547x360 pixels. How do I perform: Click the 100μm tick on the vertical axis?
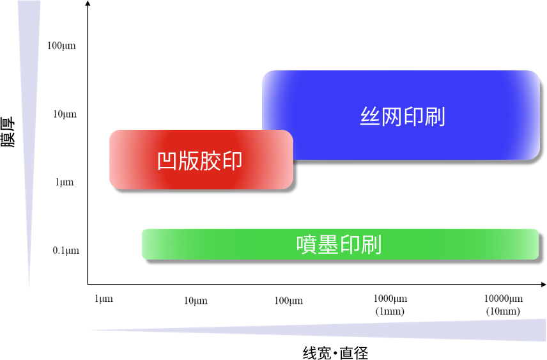61,46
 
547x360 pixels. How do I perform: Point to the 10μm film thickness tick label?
65,114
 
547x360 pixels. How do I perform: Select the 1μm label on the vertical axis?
65,183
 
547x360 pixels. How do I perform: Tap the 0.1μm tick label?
66,251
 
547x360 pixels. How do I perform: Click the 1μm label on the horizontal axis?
104,299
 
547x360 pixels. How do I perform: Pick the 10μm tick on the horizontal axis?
196,301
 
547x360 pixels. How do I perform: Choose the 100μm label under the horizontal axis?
289,301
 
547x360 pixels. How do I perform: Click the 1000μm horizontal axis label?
390,299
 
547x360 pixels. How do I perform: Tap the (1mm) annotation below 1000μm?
390,311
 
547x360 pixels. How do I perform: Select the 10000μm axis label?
503,299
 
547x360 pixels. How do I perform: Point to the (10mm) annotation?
503,311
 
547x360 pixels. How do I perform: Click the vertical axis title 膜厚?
8,132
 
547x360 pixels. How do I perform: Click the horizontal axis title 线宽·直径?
335,352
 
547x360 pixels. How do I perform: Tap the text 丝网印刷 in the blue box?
403,117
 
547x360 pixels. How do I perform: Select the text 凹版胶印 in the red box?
200,160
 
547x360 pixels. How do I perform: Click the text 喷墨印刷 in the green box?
339,245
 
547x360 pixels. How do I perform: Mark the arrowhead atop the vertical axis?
88,4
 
